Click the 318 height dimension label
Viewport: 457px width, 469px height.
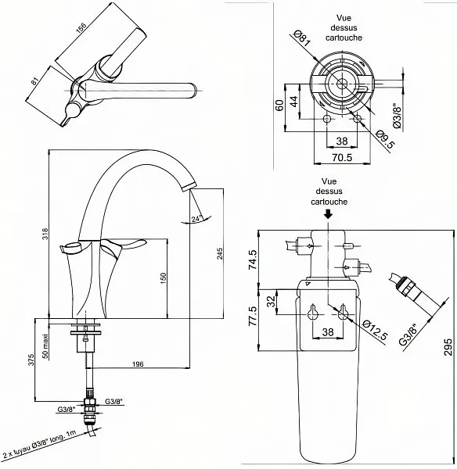[45, 234]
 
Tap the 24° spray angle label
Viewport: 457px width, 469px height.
[196, 219]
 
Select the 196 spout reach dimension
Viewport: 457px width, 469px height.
[138, 363]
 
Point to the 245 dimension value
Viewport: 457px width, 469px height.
[220, 253]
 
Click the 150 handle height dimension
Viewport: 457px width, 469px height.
[163, 278]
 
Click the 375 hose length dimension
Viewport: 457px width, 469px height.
[31, 360]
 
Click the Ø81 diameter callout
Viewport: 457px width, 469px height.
[302, 39]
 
